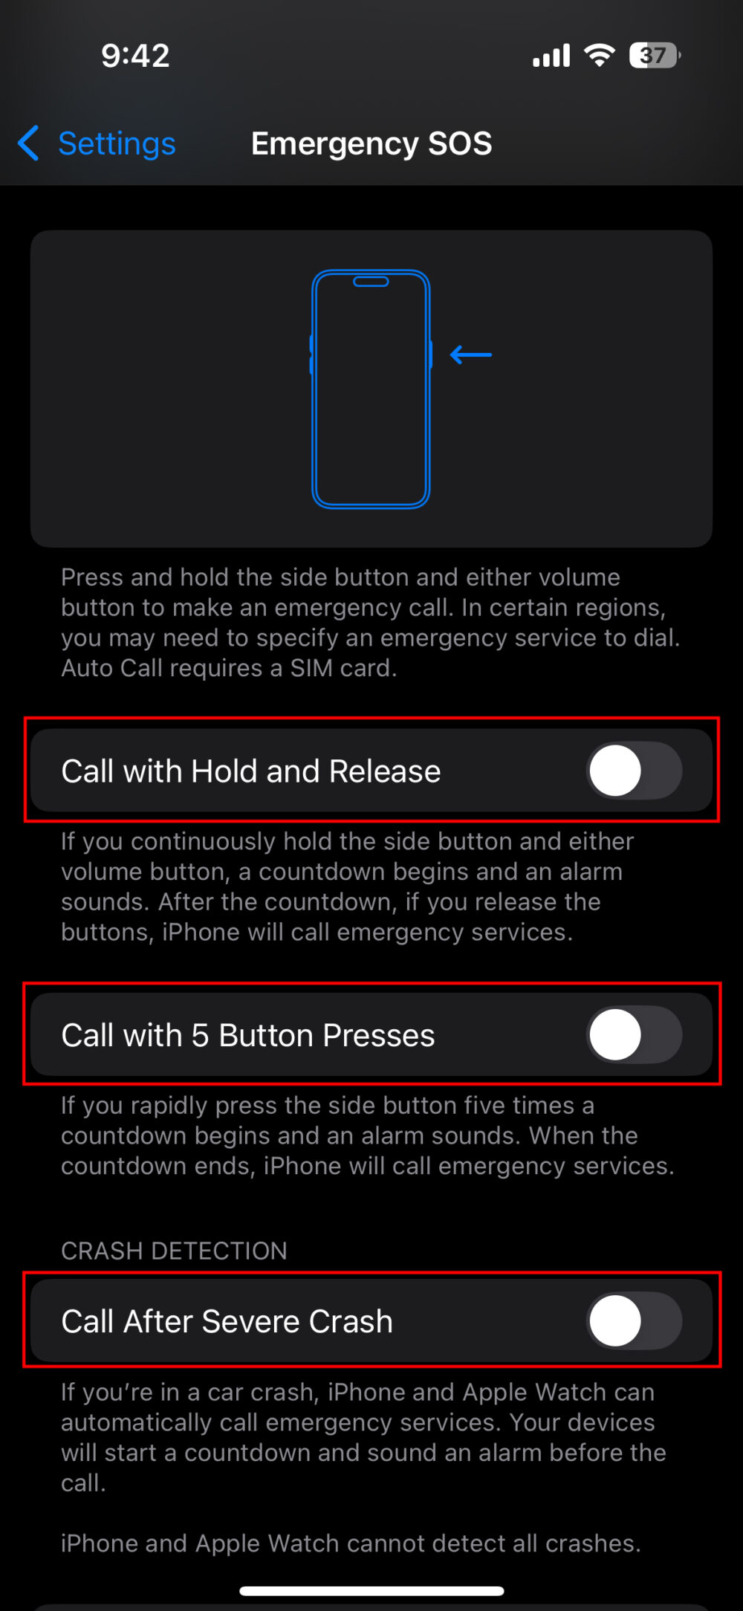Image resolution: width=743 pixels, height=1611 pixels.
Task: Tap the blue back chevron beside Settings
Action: point(28,143)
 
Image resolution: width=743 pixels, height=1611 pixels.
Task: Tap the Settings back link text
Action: point(117,143)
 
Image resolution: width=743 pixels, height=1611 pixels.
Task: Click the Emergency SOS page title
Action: point(371,143)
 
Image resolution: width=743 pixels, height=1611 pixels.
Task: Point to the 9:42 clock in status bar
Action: point(135,56)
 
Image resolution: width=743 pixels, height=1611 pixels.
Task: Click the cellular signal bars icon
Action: point(551,56)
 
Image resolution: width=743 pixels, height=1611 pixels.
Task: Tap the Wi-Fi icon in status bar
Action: point(599,55)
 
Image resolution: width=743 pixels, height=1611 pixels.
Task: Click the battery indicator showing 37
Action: point(654,56)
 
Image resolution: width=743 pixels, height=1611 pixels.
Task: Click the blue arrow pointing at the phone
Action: point(471,355)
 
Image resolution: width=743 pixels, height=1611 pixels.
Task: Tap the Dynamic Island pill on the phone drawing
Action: point(371,282)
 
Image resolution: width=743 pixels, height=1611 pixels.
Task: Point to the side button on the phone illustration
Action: point(430,354)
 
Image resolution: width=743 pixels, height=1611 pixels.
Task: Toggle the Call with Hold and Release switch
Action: point(634,771)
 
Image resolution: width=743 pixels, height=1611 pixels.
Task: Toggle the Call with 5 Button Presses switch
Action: point(634,1034)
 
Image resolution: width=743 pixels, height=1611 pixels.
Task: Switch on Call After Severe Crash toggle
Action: point(634,1320)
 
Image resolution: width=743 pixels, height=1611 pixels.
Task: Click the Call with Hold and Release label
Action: point(250,771)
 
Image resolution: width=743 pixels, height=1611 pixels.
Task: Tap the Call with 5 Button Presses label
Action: point(247,1035)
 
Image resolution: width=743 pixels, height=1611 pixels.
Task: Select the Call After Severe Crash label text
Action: point(227,1321)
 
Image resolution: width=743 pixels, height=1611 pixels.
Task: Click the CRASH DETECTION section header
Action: point(174,1251)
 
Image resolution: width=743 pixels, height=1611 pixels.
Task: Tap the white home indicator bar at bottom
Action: point(371,1591)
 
